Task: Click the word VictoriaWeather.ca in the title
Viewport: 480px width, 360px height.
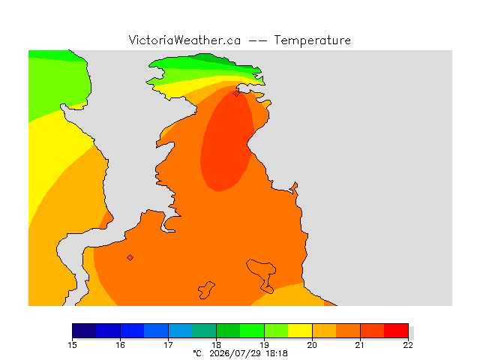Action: tap(184, 40)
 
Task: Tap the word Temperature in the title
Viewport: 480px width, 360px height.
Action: tap(312, 40)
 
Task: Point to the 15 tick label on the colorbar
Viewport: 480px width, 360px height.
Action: tap(72, 345)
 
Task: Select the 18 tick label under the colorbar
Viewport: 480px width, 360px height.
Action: tap(217, 345)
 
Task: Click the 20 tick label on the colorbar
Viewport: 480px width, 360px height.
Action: tap(312, 345)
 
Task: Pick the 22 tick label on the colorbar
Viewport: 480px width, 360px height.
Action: tap(408, 345)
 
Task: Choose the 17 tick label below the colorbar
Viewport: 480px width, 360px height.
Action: tap(168, 345)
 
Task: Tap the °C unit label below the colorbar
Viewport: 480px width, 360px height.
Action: tap(197, 353)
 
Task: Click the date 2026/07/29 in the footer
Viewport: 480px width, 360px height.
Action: tap(235, 353)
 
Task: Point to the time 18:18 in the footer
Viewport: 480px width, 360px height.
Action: tap(277, 353)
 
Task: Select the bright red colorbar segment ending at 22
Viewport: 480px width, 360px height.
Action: tap(396, 331)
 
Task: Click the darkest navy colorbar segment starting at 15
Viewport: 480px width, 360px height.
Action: tap(84, 331)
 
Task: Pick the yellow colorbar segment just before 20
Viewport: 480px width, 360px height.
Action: tap(300, 331)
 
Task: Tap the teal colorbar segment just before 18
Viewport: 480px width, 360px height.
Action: tap(204, 331)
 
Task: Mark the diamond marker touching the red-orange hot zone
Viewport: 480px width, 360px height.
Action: tap(236, 93)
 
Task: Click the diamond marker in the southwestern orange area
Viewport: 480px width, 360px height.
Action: tap(130, 258)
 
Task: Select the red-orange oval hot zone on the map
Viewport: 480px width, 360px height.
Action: tap(226, 141)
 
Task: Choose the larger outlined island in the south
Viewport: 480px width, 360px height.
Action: tap(262, 272)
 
